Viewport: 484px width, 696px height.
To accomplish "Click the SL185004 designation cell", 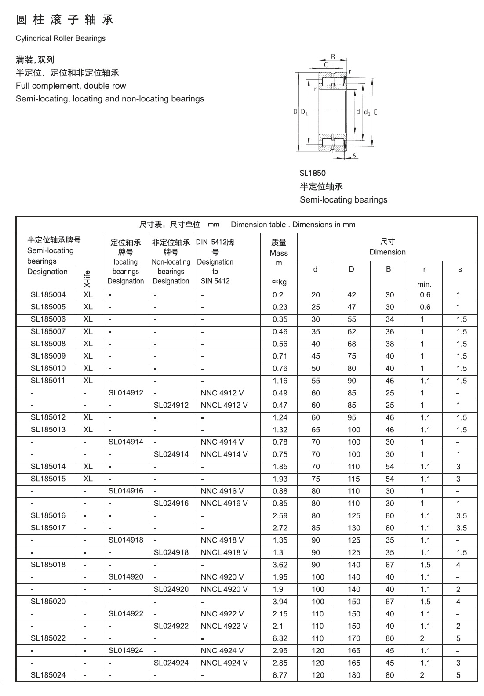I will click(48, 295).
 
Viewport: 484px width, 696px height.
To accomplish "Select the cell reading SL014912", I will click(126, 393).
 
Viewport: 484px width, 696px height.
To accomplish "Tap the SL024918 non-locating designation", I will click(171, 552).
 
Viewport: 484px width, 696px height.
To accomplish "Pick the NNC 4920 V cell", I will click(222, 577).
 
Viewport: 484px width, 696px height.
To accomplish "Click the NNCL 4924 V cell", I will click(224, 663).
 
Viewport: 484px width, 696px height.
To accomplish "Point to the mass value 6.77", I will click(280, 675).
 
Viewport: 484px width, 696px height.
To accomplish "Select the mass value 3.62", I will click(280, 565).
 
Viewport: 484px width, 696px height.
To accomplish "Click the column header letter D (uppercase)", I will click(351, 269).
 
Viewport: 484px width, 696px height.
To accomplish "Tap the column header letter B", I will click(388, 269).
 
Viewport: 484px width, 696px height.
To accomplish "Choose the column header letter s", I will click(460, 269).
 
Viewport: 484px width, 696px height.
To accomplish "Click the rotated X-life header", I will click(87, 279).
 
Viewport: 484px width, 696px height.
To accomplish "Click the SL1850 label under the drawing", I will click(313, 173).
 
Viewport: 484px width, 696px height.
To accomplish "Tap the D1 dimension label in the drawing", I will click(304, 112).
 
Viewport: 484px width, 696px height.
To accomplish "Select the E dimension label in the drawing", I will click(375, 112).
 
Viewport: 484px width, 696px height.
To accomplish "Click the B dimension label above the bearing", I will click(333, 57).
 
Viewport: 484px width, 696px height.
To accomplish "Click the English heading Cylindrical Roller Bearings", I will click(61, 38).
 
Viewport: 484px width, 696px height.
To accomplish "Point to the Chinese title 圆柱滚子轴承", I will click(65, 20).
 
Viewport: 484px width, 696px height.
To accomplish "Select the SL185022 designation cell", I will click(48, 638).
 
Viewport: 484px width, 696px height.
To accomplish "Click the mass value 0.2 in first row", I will click(278, 295).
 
